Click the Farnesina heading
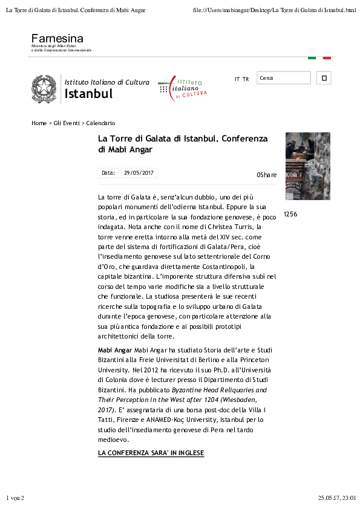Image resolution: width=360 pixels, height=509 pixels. (x=57, y=39)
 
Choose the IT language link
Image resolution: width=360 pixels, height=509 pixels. (x=237, y=79)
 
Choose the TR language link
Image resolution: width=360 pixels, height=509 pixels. (x=246, y=79)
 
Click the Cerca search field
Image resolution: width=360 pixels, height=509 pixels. (x=283, y=78)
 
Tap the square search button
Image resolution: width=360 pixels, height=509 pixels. (x=324, y=78)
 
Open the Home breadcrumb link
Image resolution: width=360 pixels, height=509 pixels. (x=39, y=123)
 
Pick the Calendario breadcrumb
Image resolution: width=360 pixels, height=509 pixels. (x=100, y=123)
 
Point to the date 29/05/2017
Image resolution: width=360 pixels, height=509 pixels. (x=139, y=173)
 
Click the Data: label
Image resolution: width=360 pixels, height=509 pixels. (x=108, y=173)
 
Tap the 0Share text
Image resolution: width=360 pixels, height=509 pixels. (x=266, y=175)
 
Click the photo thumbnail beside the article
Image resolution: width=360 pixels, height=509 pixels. (x=307, y=166)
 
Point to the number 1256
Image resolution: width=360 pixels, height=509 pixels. (x=290, y=214)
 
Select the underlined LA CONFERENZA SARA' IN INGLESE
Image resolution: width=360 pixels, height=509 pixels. (x=151, y=453)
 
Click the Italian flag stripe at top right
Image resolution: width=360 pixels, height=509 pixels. (x=319, y=57)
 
